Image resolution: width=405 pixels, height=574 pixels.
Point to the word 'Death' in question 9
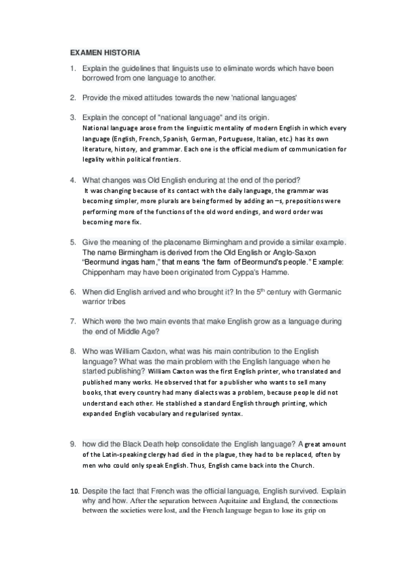165,444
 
